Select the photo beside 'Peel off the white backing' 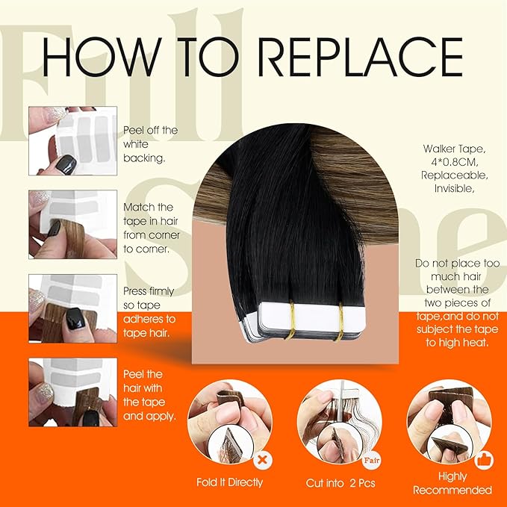point(72,140)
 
